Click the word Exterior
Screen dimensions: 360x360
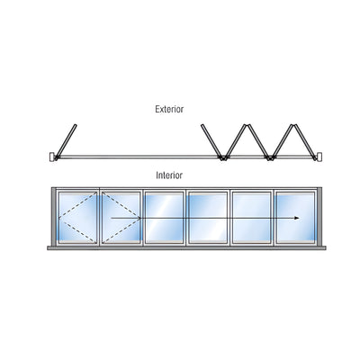tap(169, 109)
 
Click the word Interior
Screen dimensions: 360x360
tap(169, 175)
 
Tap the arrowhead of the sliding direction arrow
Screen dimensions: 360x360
tap(297, 218)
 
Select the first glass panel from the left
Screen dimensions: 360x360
tap(77, 217)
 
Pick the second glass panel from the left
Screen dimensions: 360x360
tap(121, 217)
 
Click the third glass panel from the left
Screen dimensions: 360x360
tap(164, 217)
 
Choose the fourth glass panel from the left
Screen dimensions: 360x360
tap(208, 217)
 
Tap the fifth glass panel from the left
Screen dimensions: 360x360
tap(252, 217)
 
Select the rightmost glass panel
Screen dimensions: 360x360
tap(295, 217)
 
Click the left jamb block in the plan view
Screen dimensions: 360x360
tap(51, 157)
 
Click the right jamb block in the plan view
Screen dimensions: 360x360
tap(319, 157)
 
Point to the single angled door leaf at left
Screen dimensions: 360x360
tap(66, 141)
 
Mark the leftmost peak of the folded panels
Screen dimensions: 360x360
tap(247, 125)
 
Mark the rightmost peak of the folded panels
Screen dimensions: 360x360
tap(294, 125)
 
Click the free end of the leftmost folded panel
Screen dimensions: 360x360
tap(202, 125)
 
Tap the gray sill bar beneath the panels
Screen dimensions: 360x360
tap(186, 248)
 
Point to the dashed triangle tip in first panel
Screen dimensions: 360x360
tap(59, 218)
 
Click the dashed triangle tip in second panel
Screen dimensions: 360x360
tap(139, 218)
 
